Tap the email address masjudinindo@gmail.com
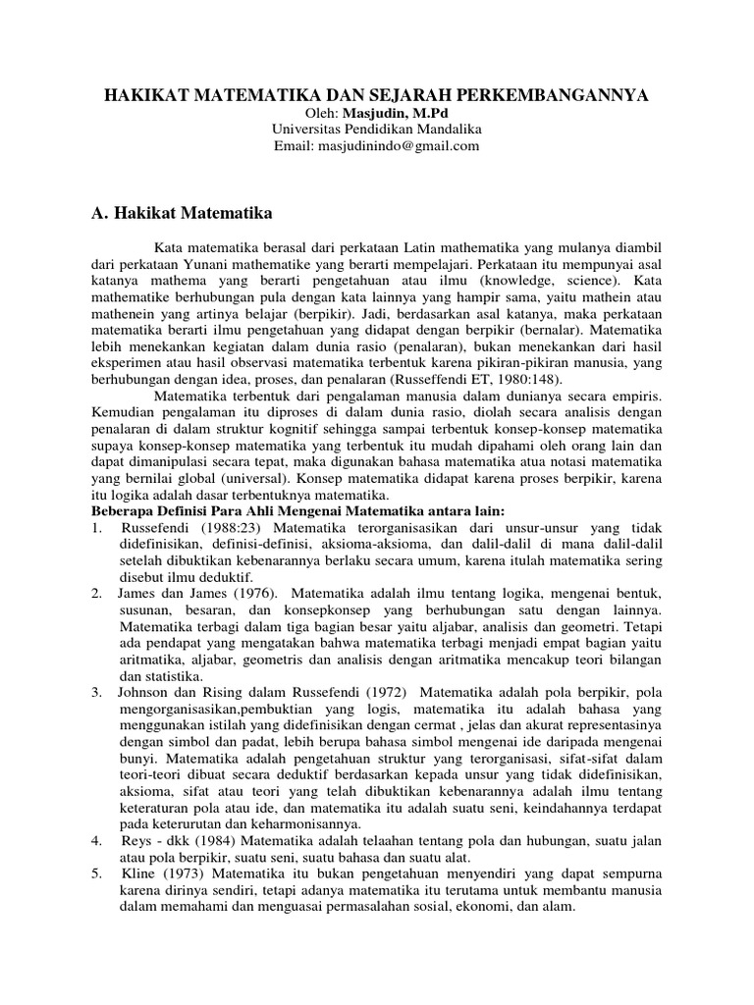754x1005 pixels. [x=376, y=145]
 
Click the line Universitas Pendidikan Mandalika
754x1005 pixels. [x=376, y=129]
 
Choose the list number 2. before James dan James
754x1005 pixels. [x=96, y=595]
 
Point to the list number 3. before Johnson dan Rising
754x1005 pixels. [x=96, y=693]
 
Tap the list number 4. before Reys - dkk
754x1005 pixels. [x=96, y=842]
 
